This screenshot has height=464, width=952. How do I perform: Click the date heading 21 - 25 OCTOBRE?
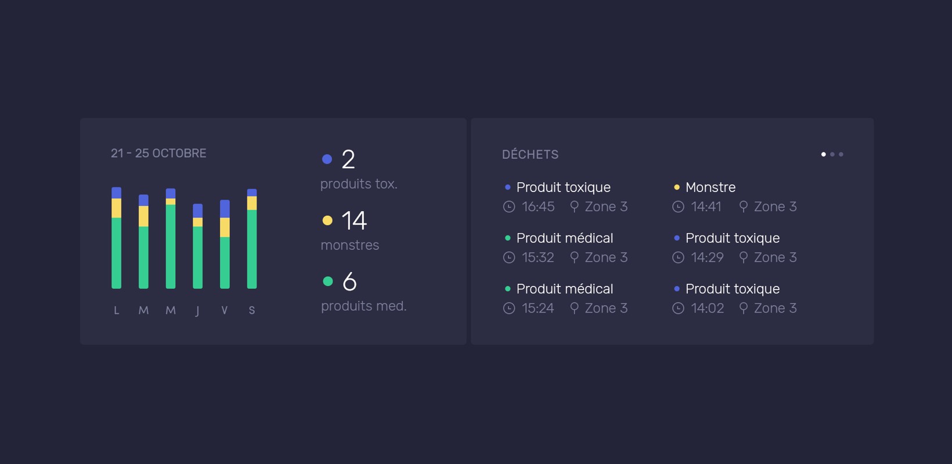click(x=158, y=153)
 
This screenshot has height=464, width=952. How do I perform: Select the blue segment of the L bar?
click(x=117, y=193)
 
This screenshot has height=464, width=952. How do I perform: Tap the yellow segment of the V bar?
click(x=225, y=227)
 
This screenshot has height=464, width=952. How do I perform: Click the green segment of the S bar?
click(x=252, y=249)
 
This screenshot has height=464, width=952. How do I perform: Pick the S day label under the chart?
click(x=252, y=310)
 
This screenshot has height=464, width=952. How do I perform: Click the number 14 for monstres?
click(x=354, y=221)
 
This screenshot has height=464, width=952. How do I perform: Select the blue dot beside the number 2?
click(x=327, y=159)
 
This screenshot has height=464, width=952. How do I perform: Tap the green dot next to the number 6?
click(x=327, y=281)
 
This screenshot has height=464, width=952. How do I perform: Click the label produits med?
click(x=364, y=306)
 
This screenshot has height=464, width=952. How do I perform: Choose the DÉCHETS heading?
click(x=531, y=154)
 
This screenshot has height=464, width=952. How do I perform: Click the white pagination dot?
click(x=823, y=154)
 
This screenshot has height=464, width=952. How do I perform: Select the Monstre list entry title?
click(x=711, y=187)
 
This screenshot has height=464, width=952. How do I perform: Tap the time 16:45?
click(x=538, y=206)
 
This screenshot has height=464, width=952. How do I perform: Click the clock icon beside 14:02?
click(x=678, y=308)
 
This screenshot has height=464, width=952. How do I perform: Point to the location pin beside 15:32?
click(x=574, y=258)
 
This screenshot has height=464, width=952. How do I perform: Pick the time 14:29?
click(x=707, y=258)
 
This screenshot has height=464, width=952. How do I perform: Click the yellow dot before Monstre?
click(x=677, y=187)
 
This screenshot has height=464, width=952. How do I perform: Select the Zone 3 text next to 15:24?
click(x=606, y=308)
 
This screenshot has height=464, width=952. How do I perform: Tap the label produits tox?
click(x=359, y=184)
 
